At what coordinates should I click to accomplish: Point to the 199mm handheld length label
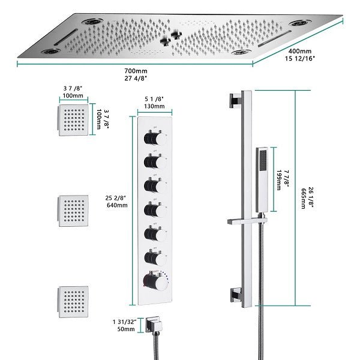coord(279,179)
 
